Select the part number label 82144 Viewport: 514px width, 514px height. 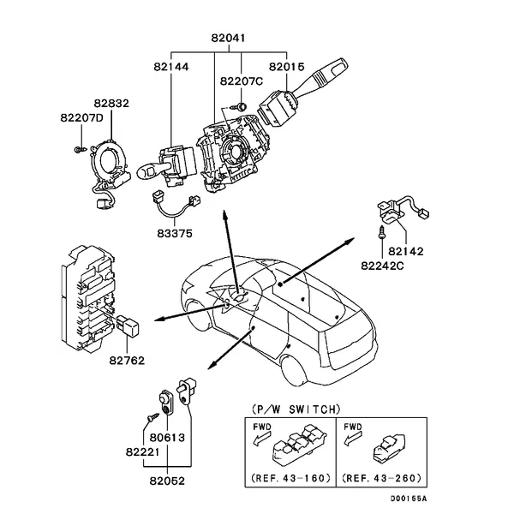coord(172,66)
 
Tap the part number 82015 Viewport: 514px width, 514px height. coord(286,66)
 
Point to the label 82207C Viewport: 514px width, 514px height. coord(240,82)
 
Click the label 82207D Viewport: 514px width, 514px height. coord(81,117)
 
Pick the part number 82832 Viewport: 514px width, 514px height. coord(111,103)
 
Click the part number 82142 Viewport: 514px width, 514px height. coord(406,252)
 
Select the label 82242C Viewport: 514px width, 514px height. coord(381,266)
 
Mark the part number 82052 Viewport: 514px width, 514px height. coord(166,481)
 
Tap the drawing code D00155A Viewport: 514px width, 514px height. coord(407,499)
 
